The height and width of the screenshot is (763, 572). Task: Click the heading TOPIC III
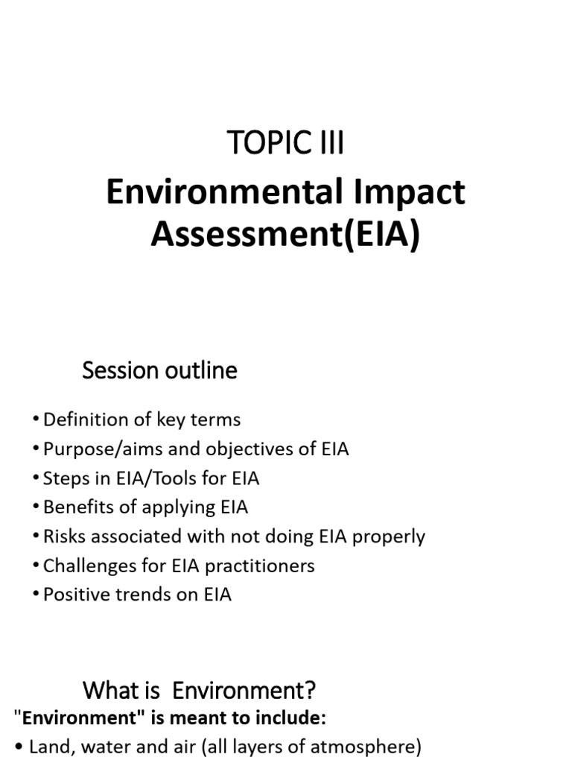[285, 143]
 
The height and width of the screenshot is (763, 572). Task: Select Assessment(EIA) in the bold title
[285, 235]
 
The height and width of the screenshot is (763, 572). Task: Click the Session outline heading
[159, 370]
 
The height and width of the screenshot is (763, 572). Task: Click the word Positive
[75, 595]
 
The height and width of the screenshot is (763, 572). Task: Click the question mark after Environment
[311, 691]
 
